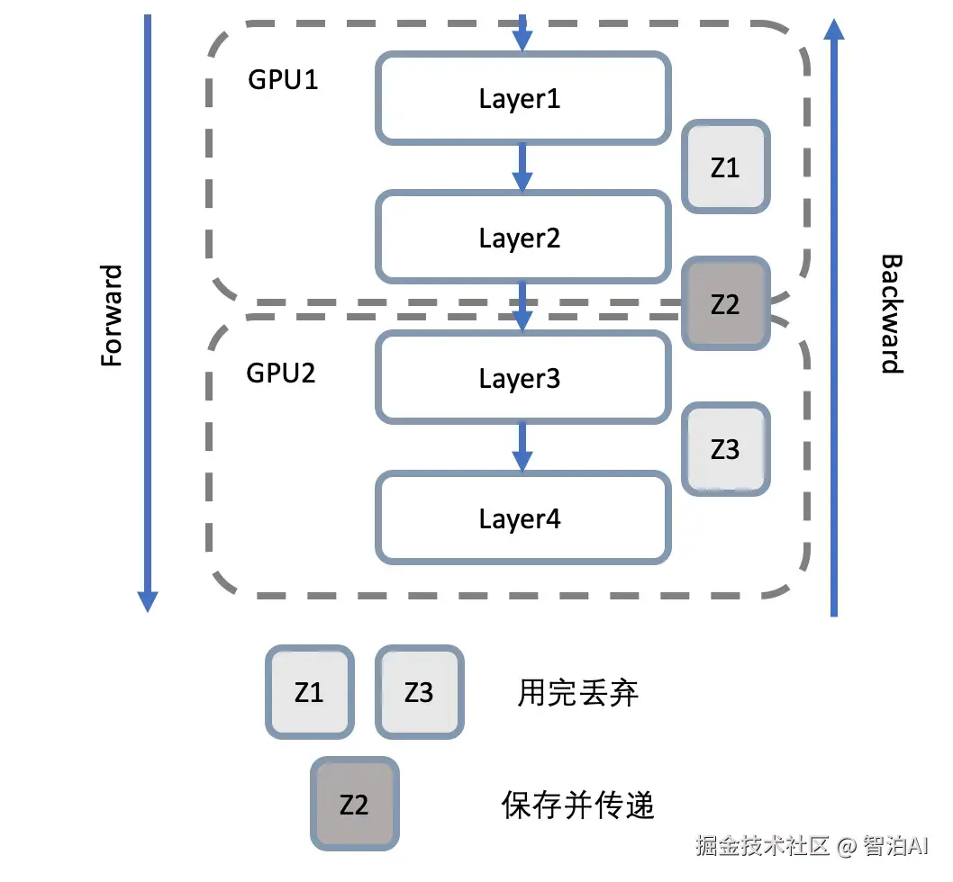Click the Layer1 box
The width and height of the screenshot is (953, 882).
point(522,98)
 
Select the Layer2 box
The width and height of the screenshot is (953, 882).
point(522,238)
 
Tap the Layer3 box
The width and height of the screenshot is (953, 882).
point(522,378)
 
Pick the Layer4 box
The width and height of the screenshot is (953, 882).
point(522,518)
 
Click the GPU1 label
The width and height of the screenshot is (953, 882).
point(283,80)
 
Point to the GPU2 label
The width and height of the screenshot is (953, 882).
point(281,373)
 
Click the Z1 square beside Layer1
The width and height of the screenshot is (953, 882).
point(725,167)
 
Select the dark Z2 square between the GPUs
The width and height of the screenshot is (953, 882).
point(725,304)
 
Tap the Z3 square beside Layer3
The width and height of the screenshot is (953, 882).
point(725,449)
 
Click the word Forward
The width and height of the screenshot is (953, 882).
point(111,316)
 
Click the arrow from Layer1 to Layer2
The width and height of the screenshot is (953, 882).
point(522,167)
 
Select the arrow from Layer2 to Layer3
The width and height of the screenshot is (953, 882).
point(522,306)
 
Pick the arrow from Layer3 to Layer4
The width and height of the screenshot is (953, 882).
point(522,447)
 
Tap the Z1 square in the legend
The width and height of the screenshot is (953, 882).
point(309,691)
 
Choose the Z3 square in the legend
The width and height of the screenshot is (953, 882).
point(419,691)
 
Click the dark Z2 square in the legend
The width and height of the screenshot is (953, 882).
point(354,804)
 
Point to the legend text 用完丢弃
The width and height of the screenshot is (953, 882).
point(578,693)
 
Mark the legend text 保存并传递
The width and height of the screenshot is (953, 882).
point(577,805)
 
